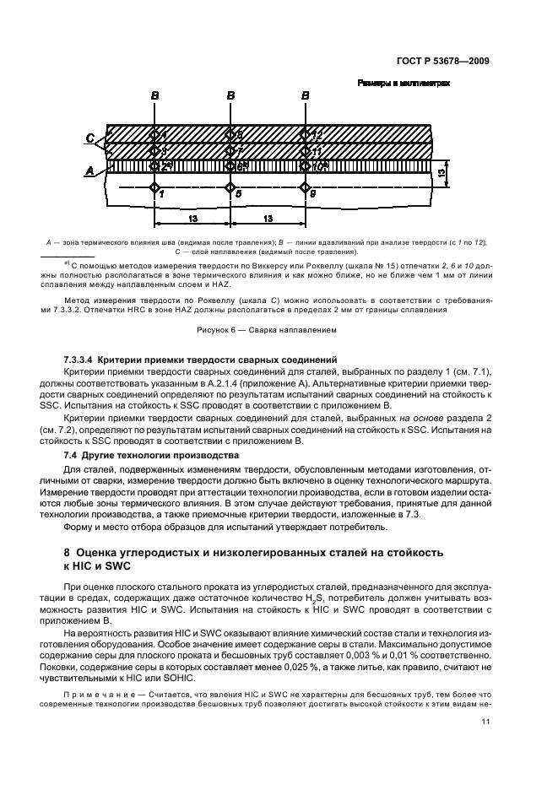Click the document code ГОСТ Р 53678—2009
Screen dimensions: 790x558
click(x=447, y=61)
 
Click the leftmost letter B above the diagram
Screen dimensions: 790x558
click(x=154, y=97)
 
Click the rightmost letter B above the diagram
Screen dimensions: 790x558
click(x=306, y=97)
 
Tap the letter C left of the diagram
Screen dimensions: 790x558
click(x=90, y=138)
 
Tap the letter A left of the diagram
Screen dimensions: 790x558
click(x=90, y=169)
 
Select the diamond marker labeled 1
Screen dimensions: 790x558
click(x=154, y=187)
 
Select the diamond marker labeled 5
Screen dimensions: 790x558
click(x=230, y=187)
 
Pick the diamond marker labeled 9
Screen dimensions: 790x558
click(x=306, y=187)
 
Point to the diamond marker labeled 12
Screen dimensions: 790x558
click(x=306, y=135)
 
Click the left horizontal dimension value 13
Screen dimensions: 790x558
click(x=192, y=219)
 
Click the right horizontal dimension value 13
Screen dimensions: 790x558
click(x=268, y=219)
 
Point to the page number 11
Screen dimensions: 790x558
click(x=485, y=721)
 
